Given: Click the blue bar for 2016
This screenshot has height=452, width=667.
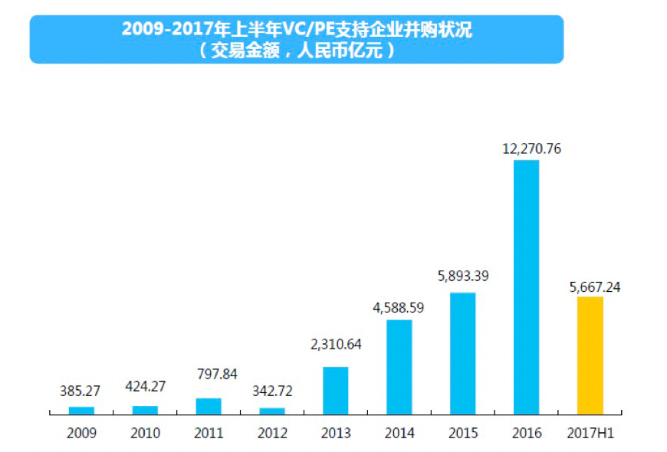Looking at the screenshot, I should click(x=526, y=287).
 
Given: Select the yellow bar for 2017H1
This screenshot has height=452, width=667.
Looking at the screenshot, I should click(x=590, y=355).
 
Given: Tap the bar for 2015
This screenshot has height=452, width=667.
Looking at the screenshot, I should click(x=462, y=353).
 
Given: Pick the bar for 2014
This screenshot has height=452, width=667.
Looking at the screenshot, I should click(x=399, y=367).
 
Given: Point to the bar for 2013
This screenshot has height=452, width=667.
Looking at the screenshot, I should click(x=335, y=391).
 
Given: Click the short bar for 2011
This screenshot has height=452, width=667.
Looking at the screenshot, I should click(x=209, y=406).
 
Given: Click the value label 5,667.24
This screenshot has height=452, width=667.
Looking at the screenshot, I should click(x=590, y=287).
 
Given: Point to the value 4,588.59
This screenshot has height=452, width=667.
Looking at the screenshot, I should click(x=398, y=307).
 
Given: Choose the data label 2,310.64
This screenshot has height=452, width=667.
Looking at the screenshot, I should click(x=335, y=344).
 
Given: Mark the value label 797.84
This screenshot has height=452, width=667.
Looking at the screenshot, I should click(x=209, y=374).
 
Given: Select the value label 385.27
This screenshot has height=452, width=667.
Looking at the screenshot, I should click(x=80, y=390).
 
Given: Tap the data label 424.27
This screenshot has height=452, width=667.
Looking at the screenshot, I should click(x=145, y=386).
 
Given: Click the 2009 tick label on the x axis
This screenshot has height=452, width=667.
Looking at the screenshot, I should click(x=81, y=434).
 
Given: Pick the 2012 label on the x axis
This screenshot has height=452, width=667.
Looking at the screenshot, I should click(x=272, y=434).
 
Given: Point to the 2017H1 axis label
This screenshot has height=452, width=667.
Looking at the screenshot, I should click(x=590, y=434).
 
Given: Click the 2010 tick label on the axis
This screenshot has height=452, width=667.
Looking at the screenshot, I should click(x=145, y=434).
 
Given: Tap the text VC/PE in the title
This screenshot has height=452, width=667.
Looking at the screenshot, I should click(x=312, y=31).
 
